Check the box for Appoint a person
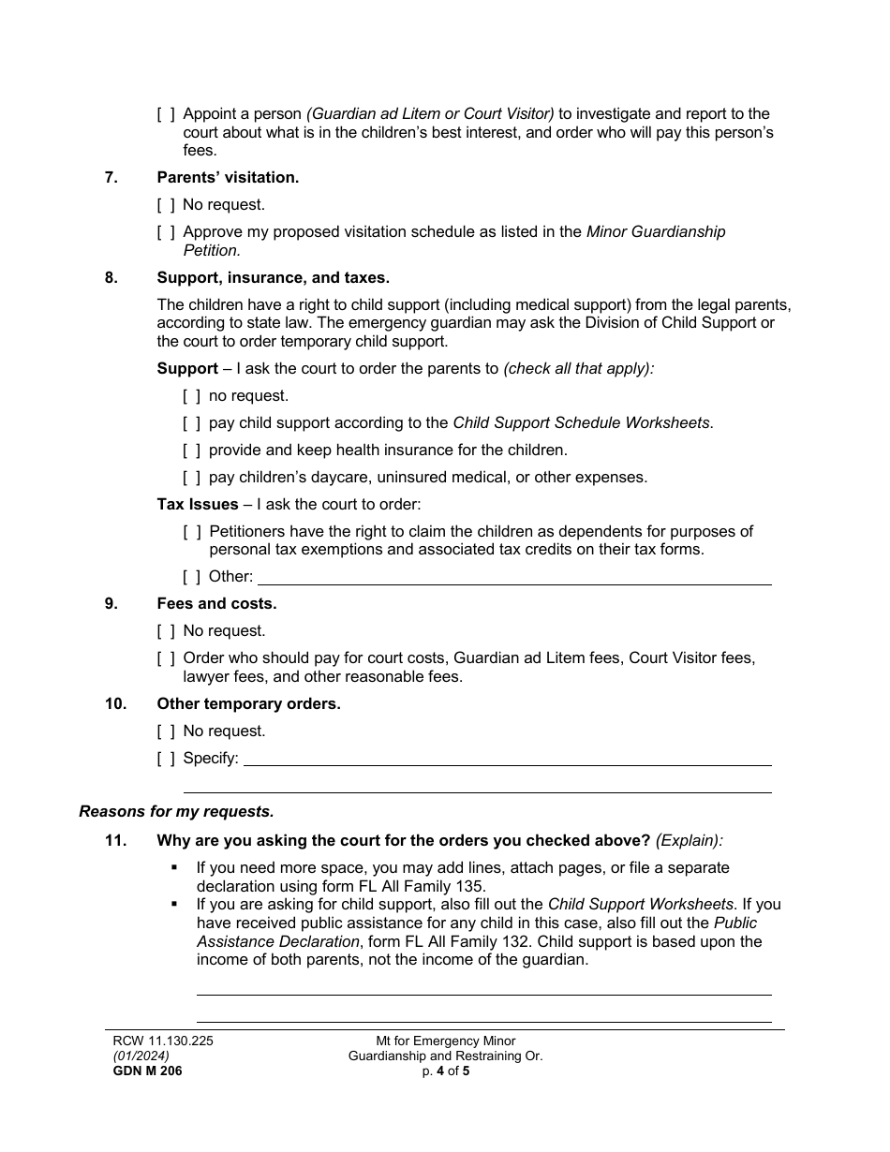click(x=166, y=114)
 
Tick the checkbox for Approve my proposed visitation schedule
click(x=166, y=231)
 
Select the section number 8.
click(x=111, y=277)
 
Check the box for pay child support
click(x=192, y=422)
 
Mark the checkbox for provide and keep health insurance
click(x=192, y=450)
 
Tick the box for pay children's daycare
click(x=192, y=477)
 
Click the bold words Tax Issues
click(x=198, y=504)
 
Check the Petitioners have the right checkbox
click(x=192, y=531)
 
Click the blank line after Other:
click(x=513, y=578)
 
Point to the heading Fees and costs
click(x=216, y=603)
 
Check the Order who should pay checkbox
click(x=166, y=657)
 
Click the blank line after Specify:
click(x=507, y=759)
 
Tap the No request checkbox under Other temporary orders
click(x=166, y=731)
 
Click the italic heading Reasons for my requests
click(x=176, y=811)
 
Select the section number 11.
click(x=115, y=840)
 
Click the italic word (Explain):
click(x=690, y=840)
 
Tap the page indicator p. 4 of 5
click(x=445, y=1071)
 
